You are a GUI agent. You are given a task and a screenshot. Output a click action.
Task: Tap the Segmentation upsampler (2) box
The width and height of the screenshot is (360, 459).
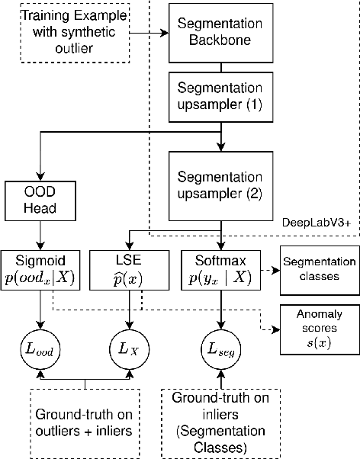point(220,181)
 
